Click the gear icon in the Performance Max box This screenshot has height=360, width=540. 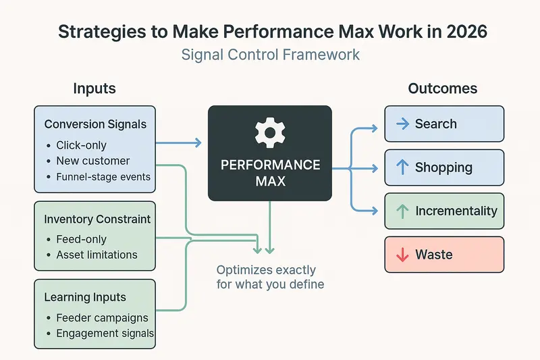pos(269,133)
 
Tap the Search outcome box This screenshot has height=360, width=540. pos(443,124)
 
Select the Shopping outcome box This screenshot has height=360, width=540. pos(443,168)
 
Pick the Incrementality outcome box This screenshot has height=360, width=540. pos(443,211)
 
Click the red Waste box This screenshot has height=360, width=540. pos(443,255)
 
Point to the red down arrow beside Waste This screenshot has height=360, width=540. pos(402,255)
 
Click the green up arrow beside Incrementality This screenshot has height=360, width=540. pos(402,211)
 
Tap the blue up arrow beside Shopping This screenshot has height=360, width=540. pos(402,168)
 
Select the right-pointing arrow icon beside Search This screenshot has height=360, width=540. pos(402,124)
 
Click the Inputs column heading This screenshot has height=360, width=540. pos(94,89)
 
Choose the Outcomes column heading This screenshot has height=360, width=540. pos(442,89)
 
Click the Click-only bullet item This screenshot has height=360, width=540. pos(82,145)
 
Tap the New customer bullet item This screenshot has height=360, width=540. pos(93,161)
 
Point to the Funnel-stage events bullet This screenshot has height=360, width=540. pos(103,177)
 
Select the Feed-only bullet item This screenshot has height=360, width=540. pos(82,239)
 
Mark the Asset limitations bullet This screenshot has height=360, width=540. pos(97,255)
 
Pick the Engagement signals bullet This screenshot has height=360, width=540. pos(105,333)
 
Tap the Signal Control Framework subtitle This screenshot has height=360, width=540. pos(269,55)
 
